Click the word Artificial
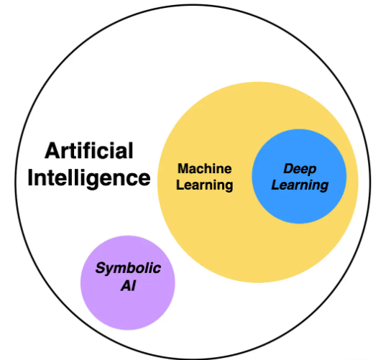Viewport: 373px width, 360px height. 89,151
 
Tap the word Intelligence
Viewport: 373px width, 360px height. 89,177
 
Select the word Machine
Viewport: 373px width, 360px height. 205,169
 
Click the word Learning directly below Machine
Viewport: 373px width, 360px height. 205,185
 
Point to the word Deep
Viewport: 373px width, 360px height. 300,169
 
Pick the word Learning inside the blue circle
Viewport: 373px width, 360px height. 300,185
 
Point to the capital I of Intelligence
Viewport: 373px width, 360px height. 31,177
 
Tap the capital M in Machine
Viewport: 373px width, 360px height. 183,169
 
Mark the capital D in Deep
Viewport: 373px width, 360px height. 287,169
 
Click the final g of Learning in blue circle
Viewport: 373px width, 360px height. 323,186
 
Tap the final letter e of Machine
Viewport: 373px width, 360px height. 228,170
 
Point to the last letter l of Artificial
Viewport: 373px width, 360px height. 131,151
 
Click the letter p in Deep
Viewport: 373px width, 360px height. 312,170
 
